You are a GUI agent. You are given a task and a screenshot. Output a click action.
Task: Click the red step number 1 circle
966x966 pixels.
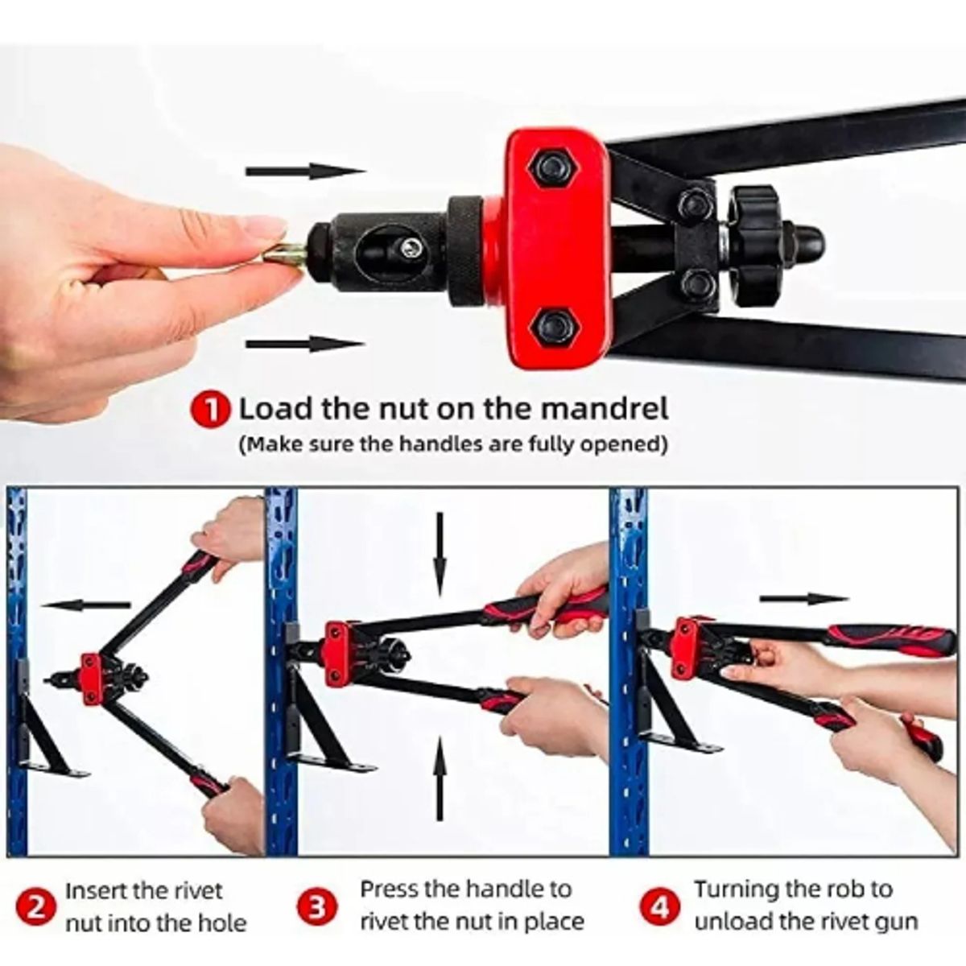click(x=211, y=410)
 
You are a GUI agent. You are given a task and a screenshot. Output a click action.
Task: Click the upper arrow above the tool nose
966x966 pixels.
click(x=306, y=171)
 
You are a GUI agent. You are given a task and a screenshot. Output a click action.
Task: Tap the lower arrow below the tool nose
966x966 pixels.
click(x=306, y=345)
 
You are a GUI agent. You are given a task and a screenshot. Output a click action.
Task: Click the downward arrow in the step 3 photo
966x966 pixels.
click(x=440, y=554)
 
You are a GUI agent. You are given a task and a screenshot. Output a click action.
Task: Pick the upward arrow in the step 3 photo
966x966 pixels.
click(x=440, y=778)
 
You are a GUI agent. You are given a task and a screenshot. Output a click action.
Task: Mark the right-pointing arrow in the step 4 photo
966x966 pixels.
click(x=803, y=599)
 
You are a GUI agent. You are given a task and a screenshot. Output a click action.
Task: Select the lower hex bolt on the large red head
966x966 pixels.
click(x=553, y=328)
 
